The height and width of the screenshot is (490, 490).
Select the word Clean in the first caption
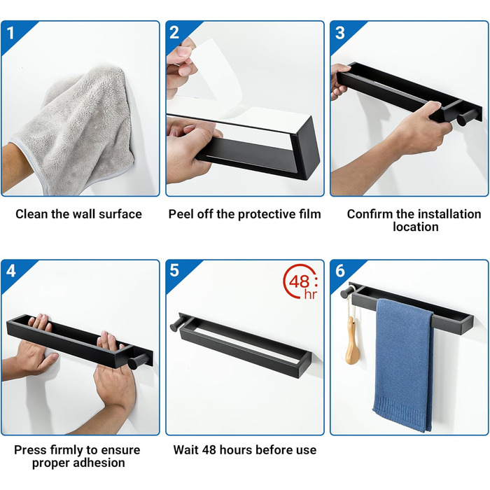32,214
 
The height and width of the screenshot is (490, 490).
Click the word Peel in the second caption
180,214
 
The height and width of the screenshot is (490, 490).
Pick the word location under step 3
416,227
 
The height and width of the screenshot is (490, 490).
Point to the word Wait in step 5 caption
186,450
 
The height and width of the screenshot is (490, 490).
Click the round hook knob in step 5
175,325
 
